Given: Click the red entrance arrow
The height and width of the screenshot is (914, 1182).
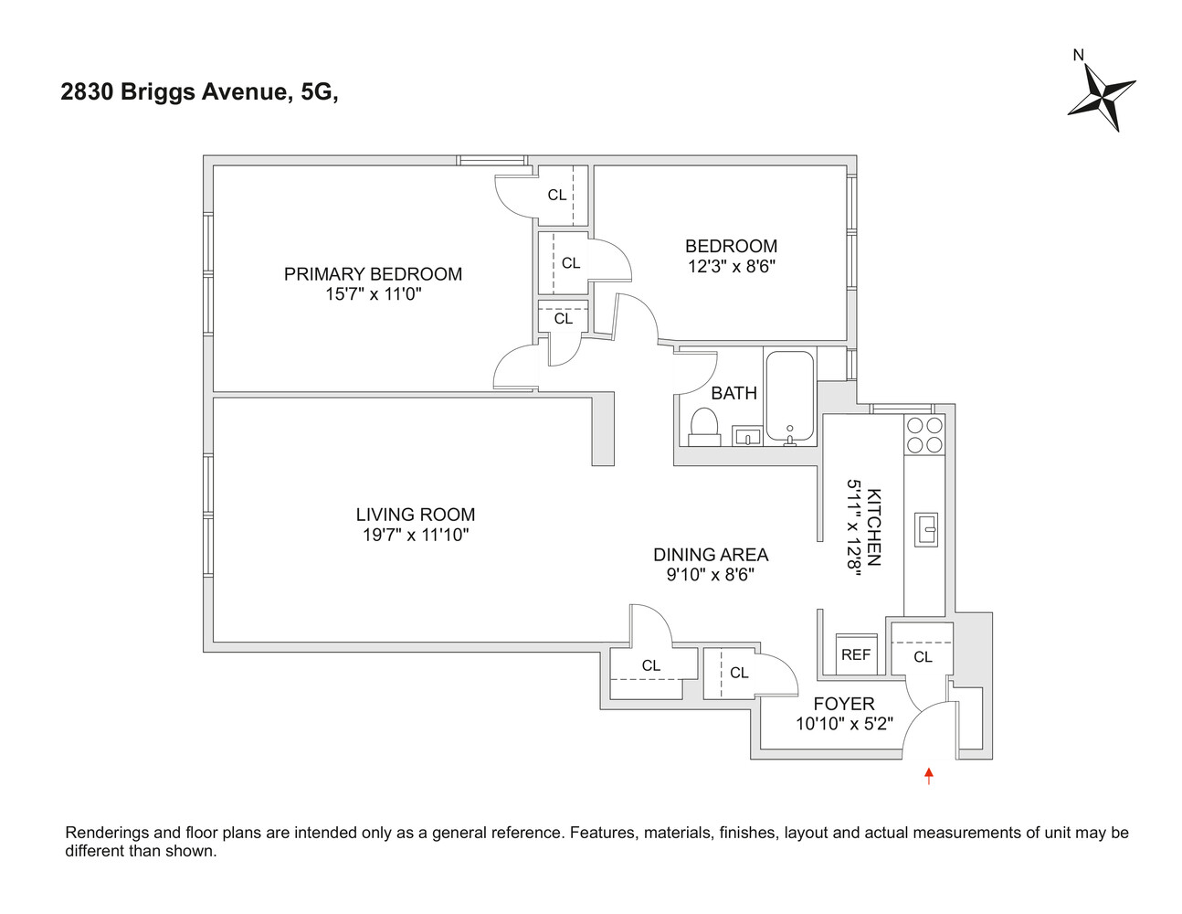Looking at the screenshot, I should tap(929, 776).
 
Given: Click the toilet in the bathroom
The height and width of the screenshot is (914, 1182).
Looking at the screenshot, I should tap(703, 427).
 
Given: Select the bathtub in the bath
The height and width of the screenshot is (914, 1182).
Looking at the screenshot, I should tap(789, 396).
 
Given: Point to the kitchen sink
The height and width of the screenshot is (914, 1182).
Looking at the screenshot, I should tap(925, 529).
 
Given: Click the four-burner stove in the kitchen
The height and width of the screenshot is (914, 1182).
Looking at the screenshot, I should tap(924, 435).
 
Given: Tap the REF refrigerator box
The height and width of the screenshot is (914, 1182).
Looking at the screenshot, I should tap(856, 654).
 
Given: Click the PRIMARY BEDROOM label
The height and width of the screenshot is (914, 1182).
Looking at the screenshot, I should tap(373, 274).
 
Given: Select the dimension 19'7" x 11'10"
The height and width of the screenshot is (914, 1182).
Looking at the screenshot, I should tap(416, 536).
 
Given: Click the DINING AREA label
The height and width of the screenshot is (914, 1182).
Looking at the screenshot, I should tap(711, 555).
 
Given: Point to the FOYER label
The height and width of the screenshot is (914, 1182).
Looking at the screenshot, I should tap(844, 704).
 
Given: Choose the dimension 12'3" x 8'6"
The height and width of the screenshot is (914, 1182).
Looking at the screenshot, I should tap(732, 267).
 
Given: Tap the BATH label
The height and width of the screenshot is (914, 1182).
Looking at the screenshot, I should tap(733, 393).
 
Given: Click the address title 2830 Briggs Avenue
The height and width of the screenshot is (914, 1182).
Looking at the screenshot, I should tap(198, 92).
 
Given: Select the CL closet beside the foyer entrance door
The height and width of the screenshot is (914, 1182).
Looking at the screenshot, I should tap(923, 656).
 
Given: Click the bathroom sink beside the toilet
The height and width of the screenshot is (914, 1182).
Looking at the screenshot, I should tap(747, 436).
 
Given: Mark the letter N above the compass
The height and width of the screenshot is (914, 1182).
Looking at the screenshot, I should tap(1078, 55).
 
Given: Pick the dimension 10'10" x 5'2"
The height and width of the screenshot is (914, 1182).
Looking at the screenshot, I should tap(844, 724).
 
